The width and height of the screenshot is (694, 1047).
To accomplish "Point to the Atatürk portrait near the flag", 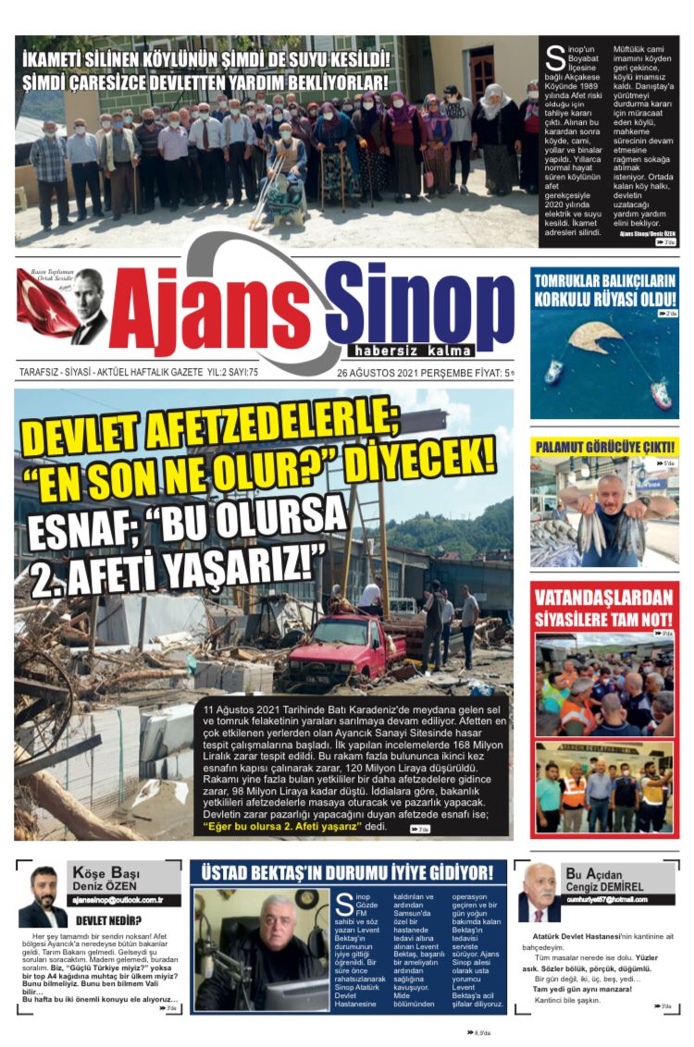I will (x=89, y=305).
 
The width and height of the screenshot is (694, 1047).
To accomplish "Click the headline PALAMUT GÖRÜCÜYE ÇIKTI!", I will (x=605, y=447).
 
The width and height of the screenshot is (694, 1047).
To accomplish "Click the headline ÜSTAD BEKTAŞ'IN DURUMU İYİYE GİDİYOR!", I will (x=347, y=873).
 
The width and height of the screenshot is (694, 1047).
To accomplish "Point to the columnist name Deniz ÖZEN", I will (x=99, y=886).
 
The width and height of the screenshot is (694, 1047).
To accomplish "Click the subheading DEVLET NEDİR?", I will (x=108, y=920).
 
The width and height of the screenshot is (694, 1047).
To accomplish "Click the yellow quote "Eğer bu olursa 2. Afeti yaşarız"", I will (x=282, y=827).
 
